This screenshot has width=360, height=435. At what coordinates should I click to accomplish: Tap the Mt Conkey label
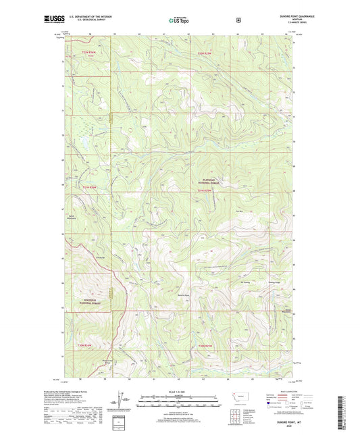click(x=246, y=282)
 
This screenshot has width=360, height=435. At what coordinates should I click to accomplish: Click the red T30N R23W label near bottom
click(x=207, y=345)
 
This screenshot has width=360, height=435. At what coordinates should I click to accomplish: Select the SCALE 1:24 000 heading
click(x=180, y=391)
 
